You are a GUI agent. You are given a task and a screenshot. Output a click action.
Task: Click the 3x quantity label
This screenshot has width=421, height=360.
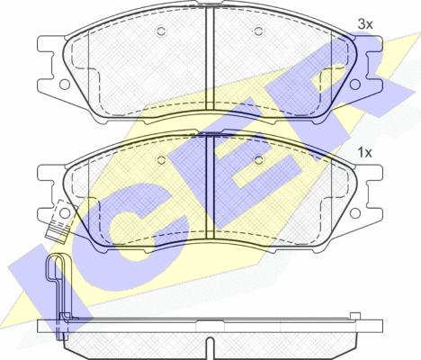coord(365,24)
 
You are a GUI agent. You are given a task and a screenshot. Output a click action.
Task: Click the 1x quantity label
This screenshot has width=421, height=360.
coord(364,153)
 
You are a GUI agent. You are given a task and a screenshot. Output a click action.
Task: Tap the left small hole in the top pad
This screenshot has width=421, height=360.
coord(161,31)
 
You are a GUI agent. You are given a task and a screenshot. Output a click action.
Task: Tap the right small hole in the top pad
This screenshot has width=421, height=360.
coord(258,31)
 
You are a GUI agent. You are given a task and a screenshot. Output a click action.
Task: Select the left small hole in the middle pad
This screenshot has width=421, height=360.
coord(161,160)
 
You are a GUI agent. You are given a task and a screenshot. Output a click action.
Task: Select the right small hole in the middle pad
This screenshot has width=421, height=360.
coord(258,160)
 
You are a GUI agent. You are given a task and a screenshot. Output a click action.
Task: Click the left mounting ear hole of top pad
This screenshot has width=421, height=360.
coord(65,85)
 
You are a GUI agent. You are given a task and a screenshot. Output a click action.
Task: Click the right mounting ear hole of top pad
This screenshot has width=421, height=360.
coord(355,85)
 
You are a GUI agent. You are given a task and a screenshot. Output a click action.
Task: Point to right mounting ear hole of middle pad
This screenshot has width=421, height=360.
coord(355,212)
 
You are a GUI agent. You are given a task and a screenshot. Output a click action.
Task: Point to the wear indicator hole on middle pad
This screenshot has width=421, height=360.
coord(65,212)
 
